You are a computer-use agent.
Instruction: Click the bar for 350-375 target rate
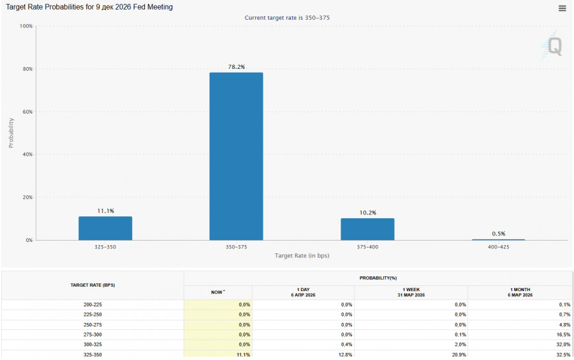[236, 156]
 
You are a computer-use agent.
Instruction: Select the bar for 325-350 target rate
[105, 229]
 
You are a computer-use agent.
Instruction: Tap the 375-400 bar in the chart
[367, 229]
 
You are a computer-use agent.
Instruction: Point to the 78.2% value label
[236, 66]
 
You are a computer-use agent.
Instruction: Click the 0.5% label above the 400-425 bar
[498, 234]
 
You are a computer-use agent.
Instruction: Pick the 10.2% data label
[367, 213]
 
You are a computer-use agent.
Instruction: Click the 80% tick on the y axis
[26, 69]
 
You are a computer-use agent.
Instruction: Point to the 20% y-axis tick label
[26, 197]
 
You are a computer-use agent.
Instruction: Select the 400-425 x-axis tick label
[498, 246]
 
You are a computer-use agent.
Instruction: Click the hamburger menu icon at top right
[562, 8]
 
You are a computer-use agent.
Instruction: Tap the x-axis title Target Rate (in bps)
[302, 255]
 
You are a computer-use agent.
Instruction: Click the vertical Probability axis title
[11, 133]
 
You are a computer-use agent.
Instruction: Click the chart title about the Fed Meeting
[89, 7]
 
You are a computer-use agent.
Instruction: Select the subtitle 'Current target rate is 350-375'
[287, 17]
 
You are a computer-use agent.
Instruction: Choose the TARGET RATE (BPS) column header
[93, 285]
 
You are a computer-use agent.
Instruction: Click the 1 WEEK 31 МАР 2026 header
[411, 292]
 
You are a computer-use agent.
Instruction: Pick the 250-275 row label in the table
[93, 325]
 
